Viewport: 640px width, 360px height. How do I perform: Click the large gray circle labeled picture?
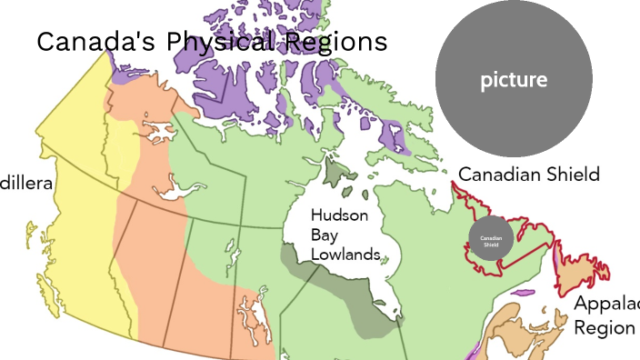(x=514, y=80)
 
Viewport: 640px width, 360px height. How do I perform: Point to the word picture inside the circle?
(x=514, y=80)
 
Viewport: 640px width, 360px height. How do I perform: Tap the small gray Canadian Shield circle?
(x=491, y=241)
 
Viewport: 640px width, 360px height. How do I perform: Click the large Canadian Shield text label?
(x=528, y=174)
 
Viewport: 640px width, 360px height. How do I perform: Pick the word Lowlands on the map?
(x=345, y=255)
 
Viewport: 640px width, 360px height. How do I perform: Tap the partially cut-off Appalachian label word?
(x=606, y=305)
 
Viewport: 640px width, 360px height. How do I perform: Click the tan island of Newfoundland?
(x=582, y=273)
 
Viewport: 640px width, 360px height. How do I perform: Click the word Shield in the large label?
(x=572, y=174)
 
